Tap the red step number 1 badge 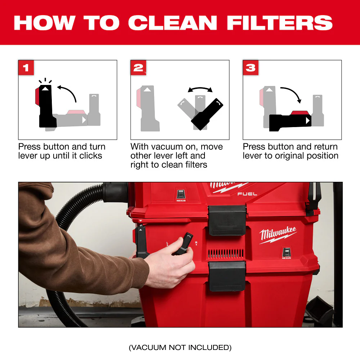coord(26,68)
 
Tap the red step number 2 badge coord(138,68)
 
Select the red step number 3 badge coord(251,68)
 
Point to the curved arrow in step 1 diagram coord(68,91)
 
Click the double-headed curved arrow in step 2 coord(200,89)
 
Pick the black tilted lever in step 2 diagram coord(207,113)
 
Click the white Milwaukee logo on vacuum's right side coord(278,235)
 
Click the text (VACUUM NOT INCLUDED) coord(180,347)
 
